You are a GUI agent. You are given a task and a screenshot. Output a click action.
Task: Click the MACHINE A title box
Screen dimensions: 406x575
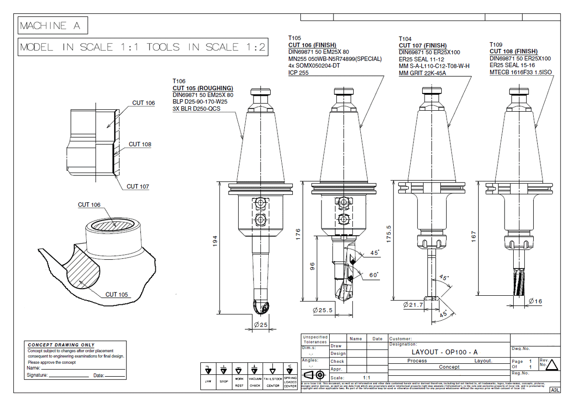point(53,26)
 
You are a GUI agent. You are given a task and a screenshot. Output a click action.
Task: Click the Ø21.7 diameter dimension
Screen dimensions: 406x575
point(413,304)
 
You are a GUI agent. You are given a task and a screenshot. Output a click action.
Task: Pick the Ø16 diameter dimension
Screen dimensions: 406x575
point(535,301)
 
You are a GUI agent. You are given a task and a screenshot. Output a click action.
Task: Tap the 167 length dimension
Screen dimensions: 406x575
point(473,236)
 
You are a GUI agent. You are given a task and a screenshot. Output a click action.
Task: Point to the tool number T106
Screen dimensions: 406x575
point(179,81)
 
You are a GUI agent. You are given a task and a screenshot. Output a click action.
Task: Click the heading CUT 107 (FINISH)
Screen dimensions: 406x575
point(422,46)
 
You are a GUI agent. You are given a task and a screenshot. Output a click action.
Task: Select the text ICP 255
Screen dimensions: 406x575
point(299,73)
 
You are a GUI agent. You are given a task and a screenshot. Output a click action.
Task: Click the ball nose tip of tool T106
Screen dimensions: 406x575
point(259,307)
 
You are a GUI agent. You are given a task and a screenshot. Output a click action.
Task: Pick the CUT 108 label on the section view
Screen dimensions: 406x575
point(140,144)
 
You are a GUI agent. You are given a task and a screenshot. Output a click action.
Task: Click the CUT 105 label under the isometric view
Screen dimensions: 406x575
point(117,294)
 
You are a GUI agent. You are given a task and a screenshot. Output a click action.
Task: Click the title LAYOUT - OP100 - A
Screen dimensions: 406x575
point(438,352)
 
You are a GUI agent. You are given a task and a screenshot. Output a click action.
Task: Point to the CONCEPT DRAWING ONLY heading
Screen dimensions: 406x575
point(61,345)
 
